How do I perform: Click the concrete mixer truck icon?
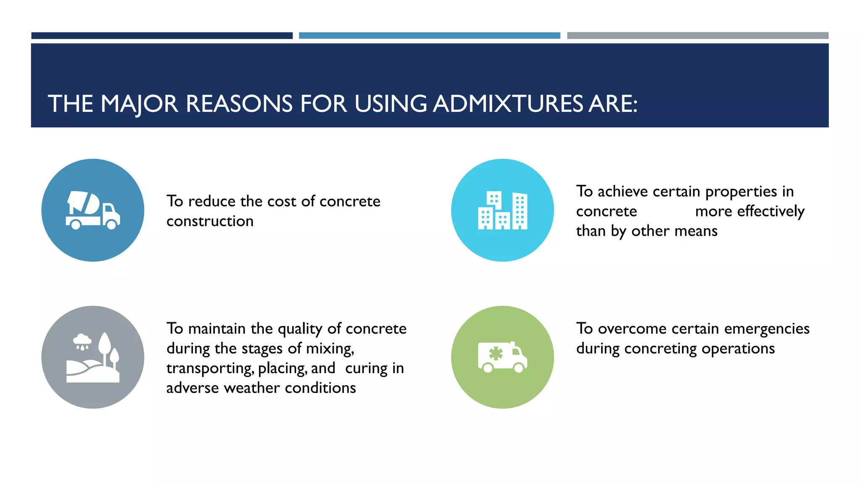tap(93, 210)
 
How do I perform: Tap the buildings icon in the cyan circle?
tap(502, 210)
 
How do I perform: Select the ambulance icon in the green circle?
tap(502, 357)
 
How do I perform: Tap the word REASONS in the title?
tap(239, 104)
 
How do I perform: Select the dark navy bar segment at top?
tap(162, 36)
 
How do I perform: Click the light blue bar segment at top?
tap(429, 36)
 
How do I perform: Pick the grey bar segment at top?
tap(697, 36)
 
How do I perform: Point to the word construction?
tap(210, 221)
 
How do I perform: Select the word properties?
tap(741, 192)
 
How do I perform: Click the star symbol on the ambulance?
tap(496, 353)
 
